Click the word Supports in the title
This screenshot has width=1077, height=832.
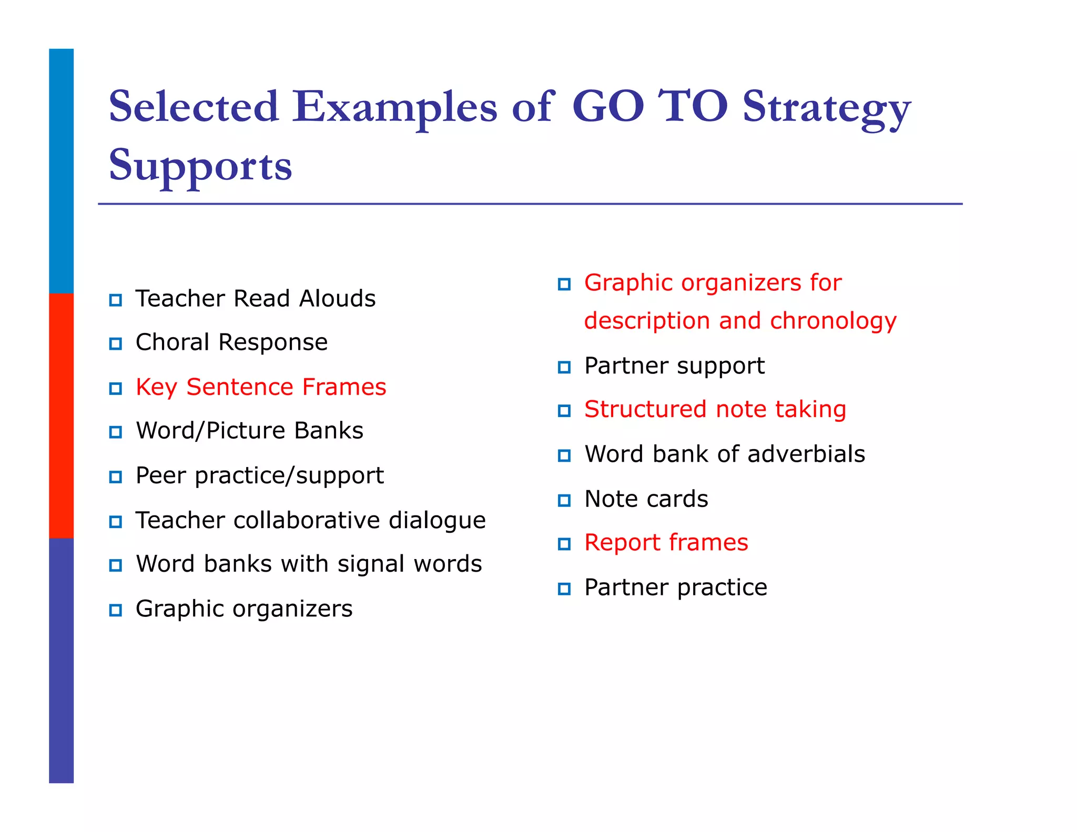click(x=200, y=166)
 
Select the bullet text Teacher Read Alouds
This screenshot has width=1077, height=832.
click(x=256, y=299)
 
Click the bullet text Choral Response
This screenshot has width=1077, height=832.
click(x=231, y=342)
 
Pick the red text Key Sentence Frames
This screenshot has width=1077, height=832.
click(x=261, y=387)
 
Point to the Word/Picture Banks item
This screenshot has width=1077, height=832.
click(x=249, y=431)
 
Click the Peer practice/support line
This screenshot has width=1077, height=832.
click(x=259, y=475)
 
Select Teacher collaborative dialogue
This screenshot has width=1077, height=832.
click(x=310, y=520)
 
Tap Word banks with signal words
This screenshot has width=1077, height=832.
click(x=309, y=564)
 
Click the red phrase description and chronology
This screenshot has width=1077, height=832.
click(x=740, y=321)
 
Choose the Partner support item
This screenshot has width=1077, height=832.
click(x=674, y=366)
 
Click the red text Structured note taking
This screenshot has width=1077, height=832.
click(x=715, y=409)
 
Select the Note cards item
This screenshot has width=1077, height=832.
click(x=646, y=499)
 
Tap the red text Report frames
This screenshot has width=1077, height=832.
click(x=666, y=543)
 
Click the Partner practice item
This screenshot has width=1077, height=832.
click(x=675, y=587)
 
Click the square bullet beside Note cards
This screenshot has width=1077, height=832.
click(x=564, y=500)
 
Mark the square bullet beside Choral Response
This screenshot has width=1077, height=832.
click(x=116, y=344)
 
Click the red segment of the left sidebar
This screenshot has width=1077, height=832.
click(x=62, y=415)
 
